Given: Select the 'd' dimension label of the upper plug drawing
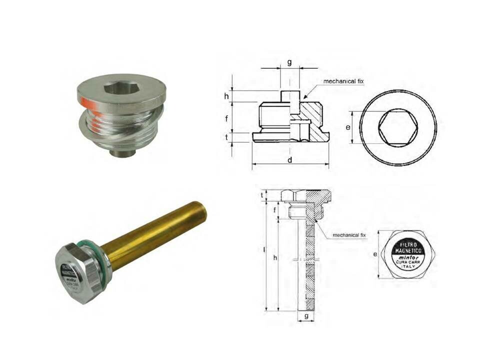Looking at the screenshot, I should tap(290, 160).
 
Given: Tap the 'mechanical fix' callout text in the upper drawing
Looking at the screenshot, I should tap(343, 81).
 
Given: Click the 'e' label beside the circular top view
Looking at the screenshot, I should tap(348, 127).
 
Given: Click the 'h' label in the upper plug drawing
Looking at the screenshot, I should tap(226, 96).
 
